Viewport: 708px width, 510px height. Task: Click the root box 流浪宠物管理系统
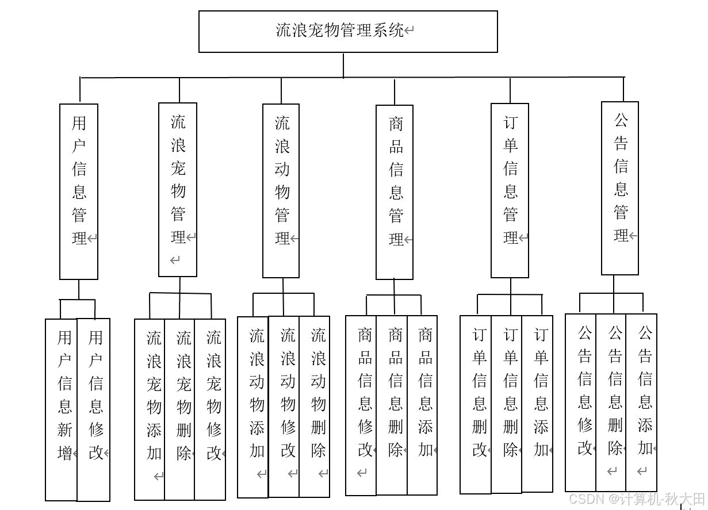click(x=348, y=32)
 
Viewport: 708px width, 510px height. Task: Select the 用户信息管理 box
click(x=79, y=191)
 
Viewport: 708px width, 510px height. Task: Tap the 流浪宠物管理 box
click(x=178, y=190)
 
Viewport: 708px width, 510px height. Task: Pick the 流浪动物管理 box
click(x=281, y=190)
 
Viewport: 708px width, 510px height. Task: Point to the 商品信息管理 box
click(x=395, y=192)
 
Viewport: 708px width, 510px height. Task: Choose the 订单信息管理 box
click(x=510, y=190)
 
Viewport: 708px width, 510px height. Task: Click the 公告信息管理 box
click(x=619, y=189)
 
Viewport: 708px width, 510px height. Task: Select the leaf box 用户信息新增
click(x=62, y=409)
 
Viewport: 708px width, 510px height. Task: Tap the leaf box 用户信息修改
click(x=94, y=409)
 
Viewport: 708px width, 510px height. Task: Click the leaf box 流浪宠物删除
click(x=179, y=409)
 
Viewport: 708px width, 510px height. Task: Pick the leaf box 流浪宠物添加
click(x=150, y=409)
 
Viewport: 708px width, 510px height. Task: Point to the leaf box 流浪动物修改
click(x=284, y=406)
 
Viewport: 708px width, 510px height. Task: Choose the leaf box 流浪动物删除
click(x=315, y=406)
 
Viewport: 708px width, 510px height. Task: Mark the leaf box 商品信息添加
click(x=422, y=405)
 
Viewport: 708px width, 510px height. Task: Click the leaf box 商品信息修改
click(x=361, y=405)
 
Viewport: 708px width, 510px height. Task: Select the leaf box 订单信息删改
click(x=476, y=404)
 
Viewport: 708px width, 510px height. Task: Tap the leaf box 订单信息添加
click(x=537, y=404)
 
